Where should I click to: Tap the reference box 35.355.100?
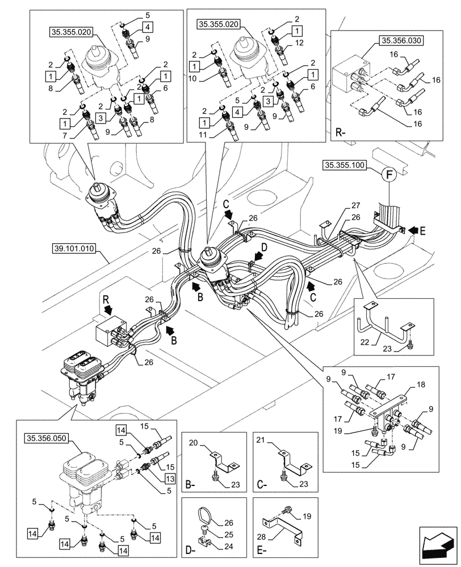click(x=345, y=166)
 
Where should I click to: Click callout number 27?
click(x=355, y=205)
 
